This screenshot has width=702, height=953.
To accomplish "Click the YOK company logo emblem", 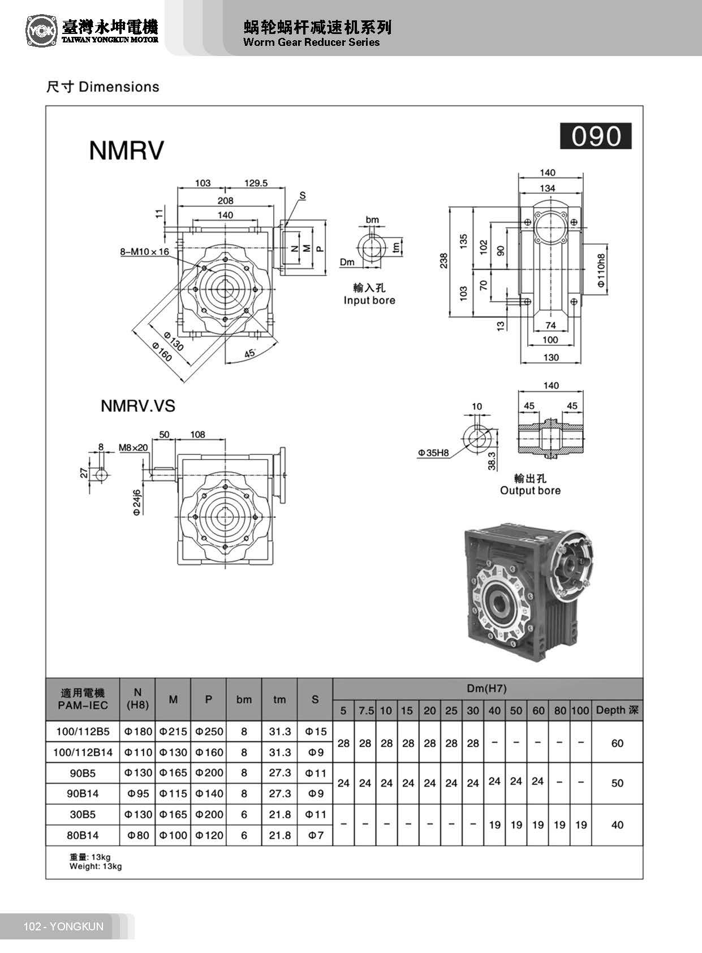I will coord(41,31).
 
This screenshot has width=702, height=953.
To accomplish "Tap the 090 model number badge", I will coord(595,136).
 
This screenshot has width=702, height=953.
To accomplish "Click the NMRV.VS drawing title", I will coord(137,406).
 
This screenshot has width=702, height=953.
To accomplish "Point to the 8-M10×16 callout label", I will coord(144,251).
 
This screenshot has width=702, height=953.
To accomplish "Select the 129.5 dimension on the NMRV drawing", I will coord(256,183).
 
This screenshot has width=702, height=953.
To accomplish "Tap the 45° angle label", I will coord(250,353).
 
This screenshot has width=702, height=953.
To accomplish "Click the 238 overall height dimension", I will coord(444,260).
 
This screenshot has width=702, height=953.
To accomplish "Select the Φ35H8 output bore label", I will coord(433,453).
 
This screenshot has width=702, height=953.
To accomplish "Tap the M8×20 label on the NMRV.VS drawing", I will coord(133,447).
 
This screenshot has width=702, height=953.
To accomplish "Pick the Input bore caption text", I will coord(369,301).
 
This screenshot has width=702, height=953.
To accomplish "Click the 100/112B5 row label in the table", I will coord(83,731).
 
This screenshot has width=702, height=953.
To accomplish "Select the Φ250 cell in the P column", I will coord(209,731).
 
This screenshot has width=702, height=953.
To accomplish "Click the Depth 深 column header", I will coord(617,710).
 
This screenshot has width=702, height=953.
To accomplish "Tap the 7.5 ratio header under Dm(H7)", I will coord(366,711).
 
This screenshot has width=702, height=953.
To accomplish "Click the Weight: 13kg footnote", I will coord(96,866).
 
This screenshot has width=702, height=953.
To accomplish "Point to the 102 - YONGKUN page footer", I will coord(63,926).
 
